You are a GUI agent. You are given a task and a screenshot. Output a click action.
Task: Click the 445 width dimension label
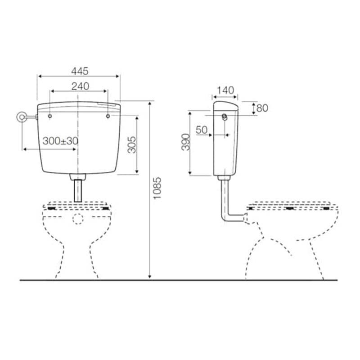80,71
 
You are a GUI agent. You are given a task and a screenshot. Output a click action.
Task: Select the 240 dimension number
80,86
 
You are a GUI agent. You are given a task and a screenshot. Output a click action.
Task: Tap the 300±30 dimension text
60,141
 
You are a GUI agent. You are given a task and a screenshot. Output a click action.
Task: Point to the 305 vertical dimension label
132,144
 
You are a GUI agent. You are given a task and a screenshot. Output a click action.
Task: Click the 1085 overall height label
157,188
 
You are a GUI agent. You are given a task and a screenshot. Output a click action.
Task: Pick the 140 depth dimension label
225,90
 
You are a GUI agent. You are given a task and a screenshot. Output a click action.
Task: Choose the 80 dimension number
262,108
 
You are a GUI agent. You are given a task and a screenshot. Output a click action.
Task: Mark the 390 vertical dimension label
186,142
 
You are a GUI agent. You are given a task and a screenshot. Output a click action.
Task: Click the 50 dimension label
201,130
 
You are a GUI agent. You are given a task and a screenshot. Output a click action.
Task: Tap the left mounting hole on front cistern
50,116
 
